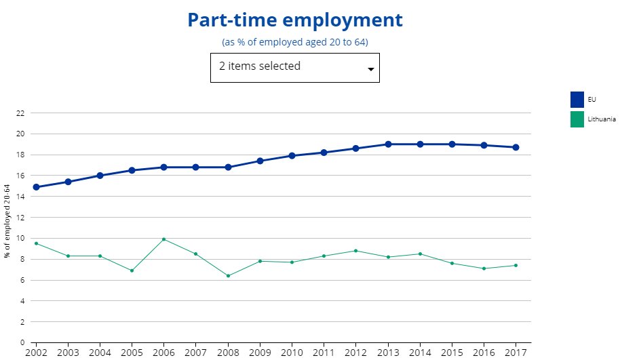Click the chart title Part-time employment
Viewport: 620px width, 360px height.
[x=294, y=20]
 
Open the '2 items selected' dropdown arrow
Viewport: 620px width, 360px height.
[x=370, y=69]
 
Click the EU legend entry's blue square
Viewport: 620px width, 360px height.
[x=577, y=100]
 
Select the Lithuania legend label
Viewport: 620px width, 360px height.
[x=602, y=119]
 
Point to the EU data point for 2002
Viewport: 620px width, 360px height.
[x=36, y=187]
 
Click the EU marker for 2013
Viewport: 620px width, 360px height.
[x=388, y=144]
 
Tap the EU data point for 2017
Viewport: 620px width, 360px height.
[x=516, y=147]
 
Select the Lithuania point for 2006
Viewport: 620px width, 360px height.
[x=164, y=239]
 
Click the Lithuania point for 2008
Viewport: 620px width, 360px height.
[x=228, y=276]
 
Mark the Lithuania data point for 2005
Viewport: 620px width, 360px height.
[x=132, y=271]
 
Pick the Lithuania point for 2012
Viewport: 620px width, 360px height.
[x=356, y=251]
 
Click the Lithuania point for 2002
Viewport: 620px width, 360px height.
[x=36, y=243]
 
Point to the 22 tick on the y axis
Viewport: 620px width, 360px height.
[x=20, y=113]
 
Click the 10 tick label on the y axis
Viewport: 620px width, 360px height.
[x=20, y=239]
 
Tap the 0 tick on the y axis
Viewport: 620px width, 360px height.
[x=22, y=342]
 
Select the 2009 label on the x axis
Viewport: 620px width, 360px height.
[x=260, y=353]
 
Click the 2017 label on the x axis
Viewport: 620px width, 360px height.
[x=516, y=353]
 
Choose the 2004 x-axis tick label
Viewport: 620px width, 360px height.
[x=100, y=353]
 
